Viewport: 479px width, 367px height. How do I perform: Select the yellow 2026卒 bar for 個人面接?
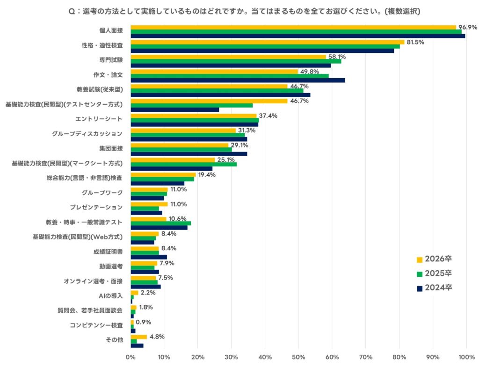293,28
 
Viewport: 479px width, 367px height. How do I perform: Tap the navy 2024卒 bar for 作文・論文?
238,80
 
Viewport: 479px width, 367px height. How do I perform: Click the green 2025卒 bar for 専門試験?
236,61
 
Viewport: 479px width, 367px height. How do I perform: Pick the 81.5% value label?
415,42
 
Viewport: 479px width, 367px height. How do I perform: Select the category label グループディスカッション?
87,134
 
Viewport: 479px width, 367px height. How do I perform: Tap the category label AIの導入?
110,295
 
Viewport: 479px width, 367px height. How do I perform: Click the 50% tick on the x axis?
298,358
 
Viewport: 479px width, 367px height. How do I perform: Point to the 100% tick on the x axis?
466,358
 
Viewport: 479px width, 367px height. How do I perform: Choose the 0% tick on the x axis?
131,358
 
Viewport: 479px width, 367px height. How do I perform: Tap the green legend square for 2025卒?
420,274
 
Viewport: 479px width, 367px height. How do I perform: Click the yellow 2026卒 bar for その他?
138,337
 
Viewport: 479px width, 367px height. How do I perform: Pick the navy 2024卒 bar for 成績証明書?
149,257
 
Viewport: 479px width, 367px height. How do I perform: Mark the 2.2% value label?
148,293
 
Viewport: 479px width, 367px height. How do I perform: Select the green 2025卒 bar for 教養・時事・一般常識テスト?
160,223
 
